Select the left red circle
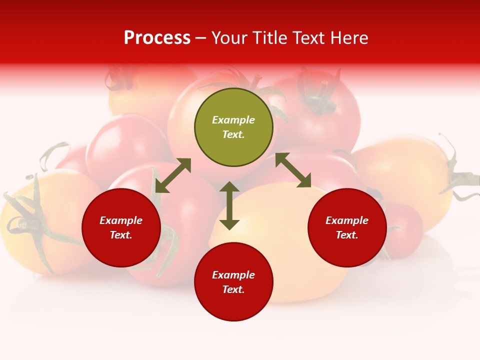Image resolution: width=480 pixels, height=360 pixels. point(121,227)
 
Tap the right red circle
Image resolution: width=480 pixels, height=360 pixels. point(347,227)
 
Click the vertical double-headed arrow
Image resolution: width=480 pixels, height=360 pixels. point(229,205)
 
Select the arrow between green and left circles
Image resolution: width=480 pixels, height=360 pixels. point(173,175)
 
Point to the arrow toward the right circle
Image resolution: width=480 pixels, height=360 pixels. point(293,170)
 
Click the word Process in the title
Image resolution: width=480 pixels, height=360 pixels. point(157,38)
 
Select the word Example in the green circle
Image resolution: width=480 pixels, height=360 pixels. point(233,120)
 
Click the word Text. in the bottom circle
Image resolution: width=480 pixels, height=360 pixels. point(233,289)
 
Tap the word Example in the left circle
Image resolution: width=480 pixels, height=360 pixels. point(121,220)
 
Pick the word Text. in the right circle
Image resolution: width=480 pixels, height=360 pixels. point(347,235)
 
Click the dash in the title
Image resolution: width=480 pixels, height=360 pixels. point(201,38)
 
